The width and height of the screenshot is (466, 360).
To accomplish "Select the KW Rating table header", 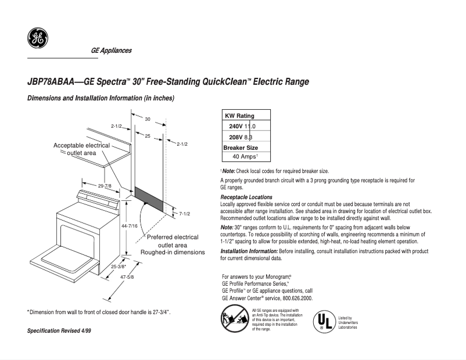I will tap(239, 116).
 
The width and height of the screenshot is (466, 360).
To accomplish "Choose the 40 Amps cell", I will tap(245, 157).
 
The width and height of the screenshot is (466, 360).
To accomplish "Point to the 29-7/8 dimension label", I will tap(105, 186).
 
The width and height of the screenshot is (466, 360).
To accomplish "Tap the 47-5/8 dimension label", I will tap(127, 277).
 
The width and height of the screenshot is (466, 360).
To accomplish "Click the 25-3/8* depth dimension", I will tap(118, 267).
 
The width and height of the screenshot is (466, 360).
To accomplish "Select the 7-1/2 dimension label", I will tap(184, 214).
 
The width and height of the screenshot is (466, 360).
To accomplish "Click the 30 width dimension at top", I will tap(148, 119).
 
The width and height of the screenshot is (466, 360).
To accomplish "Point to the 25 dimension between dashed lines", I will tap(148, 135).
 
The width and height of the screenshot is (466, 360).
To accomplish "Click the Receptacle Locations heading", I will tap(246, 197).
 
